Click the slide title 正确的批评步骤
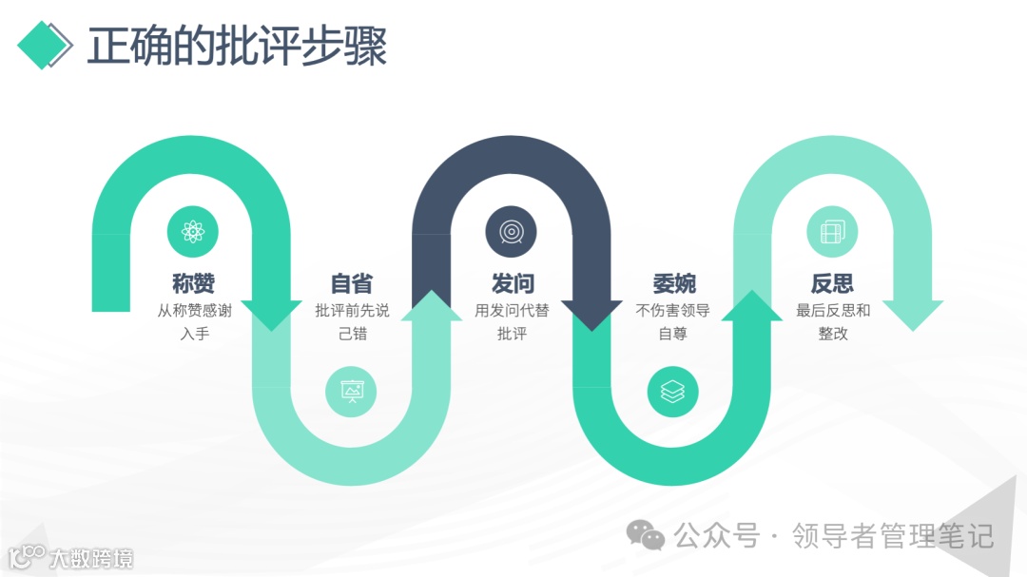pos(237,45)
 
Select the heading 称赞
pos(194,283)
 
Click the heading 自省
pos(352,283)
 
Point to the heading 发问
pos(512,283)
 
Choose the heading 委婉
pos(673,283)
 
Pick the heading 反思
pos(832,283)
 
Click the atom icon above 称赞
pos(193,231)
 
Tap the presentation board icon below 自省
pos(351,391)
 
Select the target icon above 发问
pos(512,231)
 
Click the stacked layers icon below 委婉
pos(672,391)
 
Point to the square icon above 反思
pos(832,231)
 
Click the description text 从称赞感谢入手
pos(194,321)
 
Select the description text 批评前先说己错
pos(352,321)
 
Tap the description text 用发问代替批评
pos(512,321)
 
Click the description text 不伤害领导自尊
pos(673,321)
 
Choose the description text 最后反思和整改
pos(832,321)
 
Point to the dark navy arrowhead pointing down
pos(591,315)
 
